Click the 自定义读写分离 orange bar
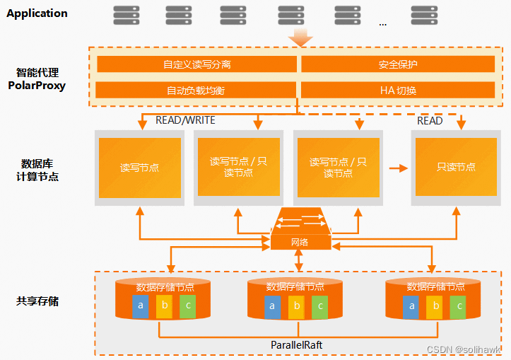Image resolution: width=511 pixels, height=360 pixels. coord(196,64)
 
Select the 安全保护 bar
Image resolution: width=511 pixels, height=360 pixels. coord(398,64)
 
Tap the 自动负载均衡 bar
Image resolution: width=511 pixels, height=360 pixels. coord(196,91)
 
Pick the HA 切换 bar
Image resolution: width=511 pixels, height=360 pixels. coord(398,91)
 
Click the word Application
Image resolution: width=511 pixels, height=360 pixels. coord(37,13)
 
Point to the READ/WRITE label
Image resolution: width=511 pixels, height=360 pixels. coord(185,120)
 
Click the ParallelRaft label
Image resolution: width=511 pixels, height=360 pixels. coord(297,344)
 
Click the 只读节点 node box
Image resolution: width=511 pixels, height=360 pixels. coord(456,168)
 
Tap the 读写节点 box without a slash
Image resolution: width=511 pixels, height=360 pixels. coord(139,168)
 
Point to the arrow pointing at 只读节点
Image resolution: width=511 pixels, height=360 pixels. coord(399,168)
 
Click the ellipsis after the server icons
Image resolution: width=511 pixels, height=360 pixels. coord(383,23)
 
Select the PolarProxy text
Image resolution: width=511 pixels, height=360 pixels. coord(37,86)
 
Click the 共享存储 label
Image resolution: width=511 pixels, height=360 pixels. coord(37,301)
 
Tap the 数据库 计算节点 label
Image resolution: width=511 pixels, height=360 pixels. coord(37,170)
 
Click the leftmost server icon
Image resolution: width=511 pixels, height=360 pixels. coord(126,14)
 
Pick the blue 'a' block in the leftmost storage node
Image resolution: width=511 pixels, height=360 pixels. coord(141,306)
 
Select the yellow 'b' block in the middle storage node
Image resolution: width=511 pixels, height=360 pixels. coord(297,306)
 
